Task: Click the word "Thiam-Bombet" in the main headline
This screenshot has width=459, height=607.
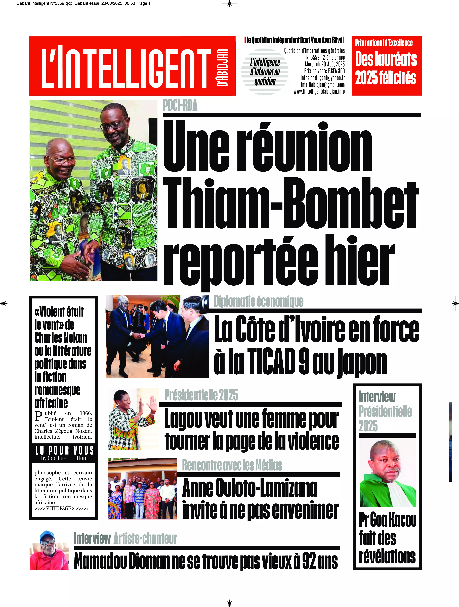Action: tap(291, 204)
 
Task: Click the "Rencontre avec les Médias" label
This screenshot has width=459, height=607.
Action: tap(232, 465)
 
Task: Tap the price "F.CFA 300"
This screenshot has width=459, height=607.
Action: tap(336, 71)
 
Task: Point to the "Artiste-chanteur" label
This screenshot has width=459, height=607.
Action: tap(145, 538)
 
